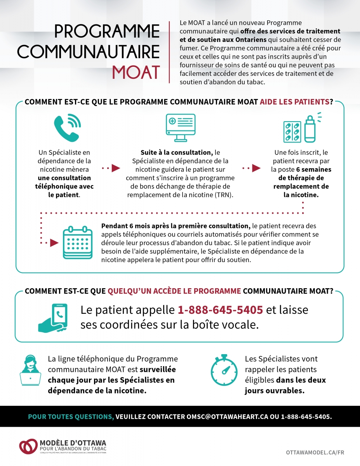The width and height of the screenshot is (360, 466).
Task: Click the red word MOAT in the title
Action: pyautogui.click(x=136, y=72)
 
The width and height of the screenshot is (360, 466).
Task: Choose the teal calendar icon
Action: pyautogui.click(x=78, y=243)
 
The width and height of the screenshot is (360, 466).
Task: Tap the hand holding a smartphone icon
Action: pyautogui.click(x=53, y=317)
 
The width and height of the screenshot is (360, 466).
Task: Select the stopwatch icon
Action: pyautogui.click(x=224, y=369)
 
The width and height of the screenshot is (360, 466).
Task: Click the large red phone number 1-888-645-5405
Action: pyautogui.click(x=220, y=310)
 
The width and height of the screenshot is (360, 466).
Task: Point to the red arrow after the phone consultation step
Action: pyautogui.click(x=115, y=168)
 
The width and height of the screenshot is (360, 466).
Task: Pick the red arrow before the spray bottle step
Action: pyautogui.click(x=256, y=168)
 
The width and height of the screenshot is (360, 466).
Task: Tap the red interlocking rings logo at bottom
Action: pyautogui.click(x=28, y=446)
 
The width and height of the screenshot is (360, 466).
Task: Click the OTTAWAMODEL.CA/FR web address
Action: pyautogui.click(x=315, y=452)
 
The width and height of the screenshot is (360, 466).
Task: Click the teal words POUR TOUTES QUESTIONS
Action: pyautogui.click(x=71, y=417)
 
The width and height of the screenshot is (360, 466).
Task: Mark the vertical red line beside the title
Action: pyautogui.click(x=170, y=52)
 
